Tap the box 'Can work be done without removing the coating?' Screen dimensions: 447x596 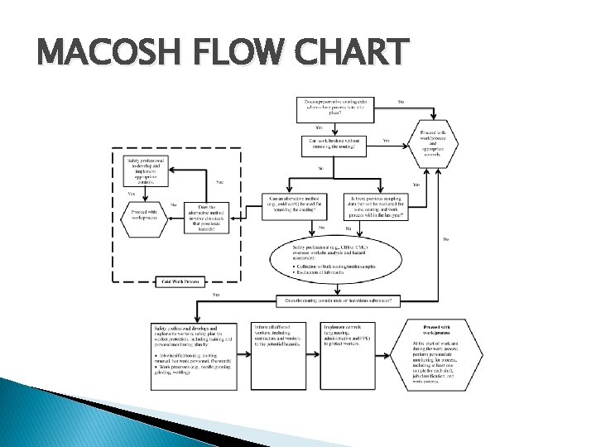tap(333, 146)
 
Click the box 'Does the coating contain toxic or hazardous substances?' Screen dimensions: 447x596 tap(339, 300)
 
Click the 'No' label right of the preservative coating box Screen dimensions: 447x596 tap(401, 103)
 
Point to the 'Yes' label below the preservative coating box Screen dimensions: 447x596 tap(318, 128)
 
